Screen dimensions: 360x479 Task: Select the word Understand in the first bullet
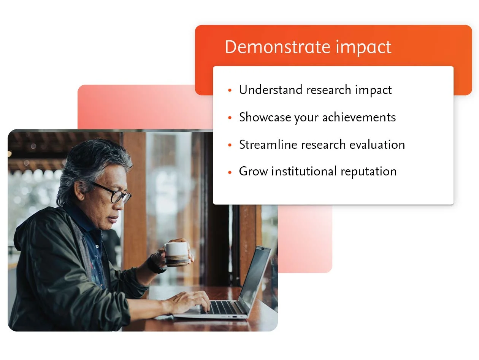(x=271, y=90)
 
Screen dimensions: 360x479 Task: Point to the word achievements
(x=359, y=117)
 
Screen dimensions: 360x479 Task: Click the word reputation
(x=368, y=172)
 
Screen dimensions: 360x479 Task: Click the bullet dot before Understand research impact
(x=230, y=91)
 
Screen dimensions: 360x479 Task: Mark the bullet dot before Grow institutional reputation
(x=230, y=172)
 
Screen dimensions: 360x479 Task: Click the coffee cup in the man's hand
(x=176, y=254)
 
